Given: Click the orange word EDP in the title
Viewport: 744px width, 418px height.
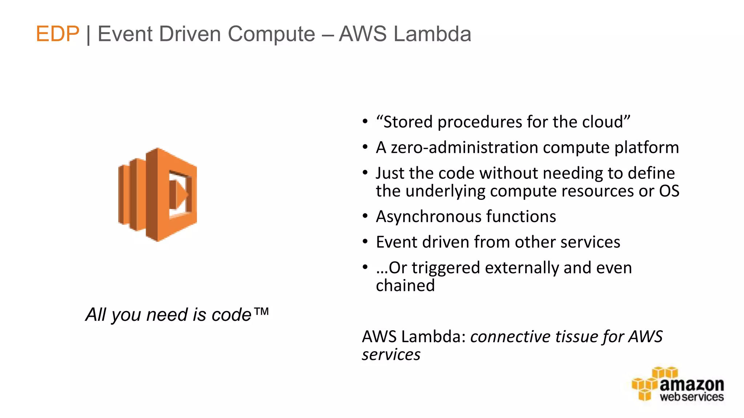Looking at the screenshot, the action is click(x=57, y=34).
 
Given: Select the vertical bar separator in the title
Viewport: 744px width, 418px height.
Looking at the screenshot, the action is click(x=88, y=35).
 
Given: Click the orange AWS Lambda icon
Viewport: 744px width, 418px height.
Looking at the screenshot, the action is click(x=158, y=194).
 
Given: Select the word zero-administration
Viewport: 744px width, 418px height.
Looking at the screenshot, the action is click(x=464, y=148).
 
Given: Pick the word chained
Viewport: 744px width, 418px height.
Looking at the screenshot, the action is click(x=405, y=286).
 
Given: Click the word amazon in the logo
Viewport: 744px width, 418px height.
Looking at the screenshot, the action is click(x=691, y=385).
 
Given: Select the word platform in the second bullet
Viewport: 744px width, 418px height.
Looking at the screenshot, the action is click(x=646, y=148).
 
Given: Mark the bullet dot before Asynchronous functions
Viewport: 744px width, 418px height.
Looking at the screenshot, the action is click(x=365, y=217).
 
